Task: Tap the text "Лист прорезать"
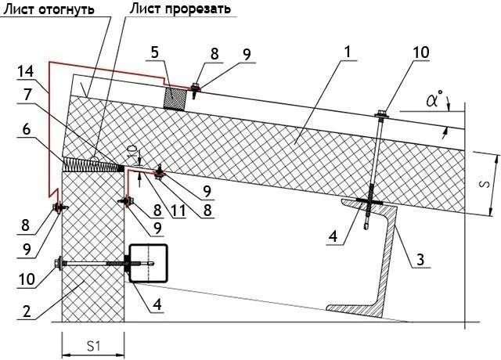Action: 180,10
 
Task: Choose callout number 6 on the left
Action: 27,132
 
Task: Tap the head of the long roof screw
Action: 381,113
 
